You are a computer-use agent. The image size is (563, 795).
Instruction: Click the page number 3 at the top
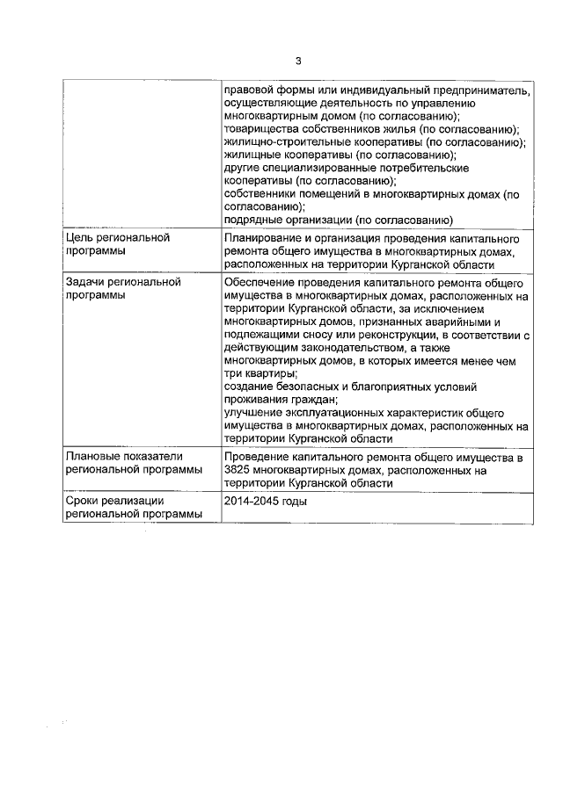click(x=297, y=61)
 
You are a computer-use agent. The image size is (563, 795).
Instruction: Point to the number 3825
click(x=239, y=471)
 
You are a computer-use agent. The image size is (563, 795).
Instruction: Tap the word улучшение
click(x=254, y=412)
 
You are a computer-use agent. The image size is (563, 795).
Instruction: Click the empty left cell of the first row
click(x=141, y=154)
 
